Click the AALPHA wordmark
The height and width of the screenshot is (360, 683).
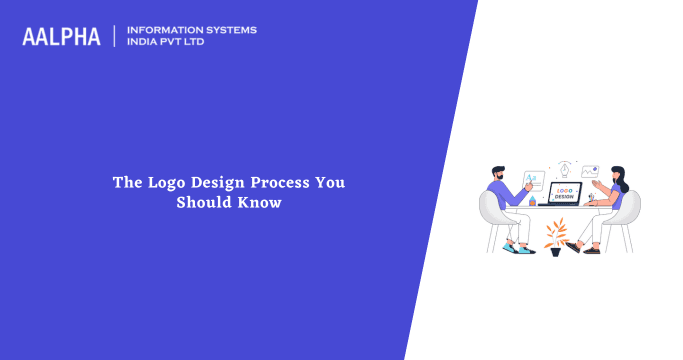(x=62, y=37)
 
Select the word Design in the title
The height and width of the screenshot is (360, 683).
(x=217, y=183)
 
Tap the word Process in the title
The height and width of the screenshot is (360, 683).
(x=274, y=183)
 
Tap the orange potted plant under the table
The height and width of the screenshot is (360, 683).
(x=554, y=235)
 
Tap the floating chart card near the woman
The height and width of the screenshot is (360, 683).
(x=590, y=171)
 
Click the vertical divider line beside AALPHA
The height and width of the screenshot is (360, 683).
(x=115, y=36)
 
